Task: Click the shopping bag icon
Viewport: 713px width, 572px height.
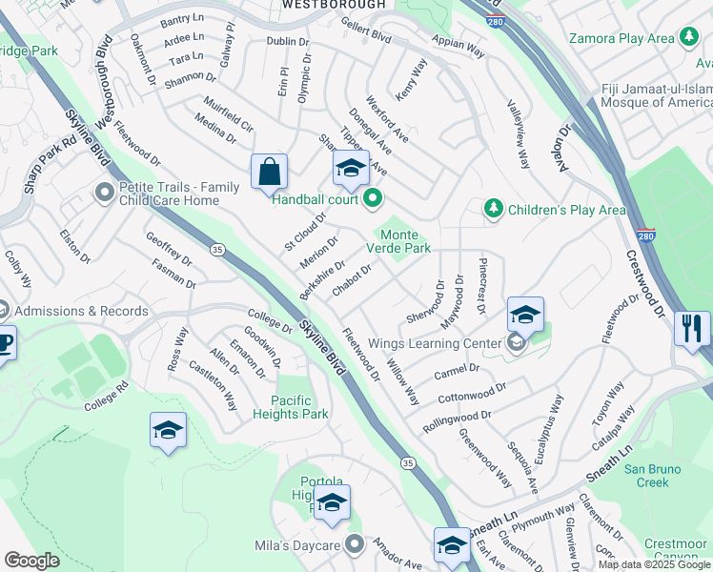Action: pos(271,173)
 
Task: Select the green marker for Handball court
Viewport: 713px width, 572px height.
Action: pos(373,199)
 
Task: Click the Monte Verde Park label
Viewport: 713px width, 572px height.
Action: pos(406,241)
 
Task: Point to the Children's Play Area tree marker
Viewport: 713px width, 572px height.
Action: pos(493,209)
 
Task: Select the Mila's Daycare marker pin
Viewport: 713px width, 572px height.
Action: pos(355,545)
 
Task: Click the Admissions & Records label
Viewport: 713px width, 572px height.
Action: pos(82,311)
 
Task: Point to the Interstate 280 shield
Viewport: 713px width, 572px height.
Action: pos(645,235)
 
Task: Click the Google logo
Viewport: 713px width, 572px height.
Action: pos(31,560)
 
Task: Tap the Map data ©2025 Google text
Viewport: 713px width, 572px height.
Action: pos(652,564)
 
